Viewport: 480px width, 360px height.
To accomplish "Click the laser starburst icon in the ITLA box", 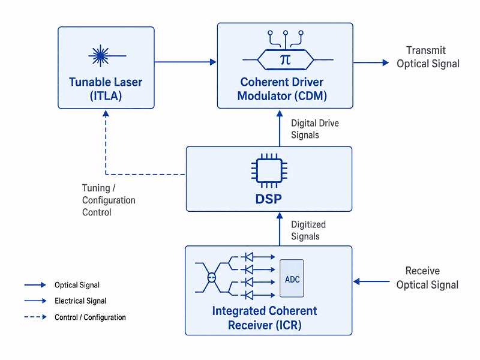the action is coord(100,56).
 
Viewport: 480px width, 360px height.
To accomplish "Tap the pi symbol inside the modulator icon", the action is coord(286,59).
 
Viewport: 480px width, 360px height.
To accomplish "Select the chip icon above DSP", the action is coord(269,170).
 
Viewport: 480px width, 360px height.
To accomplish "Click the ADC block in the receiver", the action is coord(292,278).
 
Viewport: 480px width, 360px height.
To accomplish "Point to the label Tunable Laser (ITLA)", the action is coord(106,89).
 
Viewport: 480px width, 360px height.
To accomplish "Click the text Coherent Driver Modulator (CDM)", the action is coord(282,89).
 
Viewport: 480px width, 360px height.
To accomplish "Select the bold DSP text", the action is coord(268,199).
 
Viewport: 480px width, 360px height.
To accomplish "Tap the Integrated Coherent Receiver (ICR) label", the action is coord(265,318).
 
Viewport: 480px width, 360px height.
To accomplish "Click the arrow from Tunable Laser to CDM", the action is coord(185,62).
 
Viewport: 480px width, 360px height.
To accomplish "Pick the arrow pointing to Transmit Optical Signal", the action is coord(371,63).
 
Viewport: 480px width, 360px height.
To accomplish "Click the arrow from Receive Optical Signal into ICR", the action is coord(371,281).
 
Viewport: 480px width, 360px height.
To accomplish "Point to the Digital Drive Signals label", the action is coord(315,129).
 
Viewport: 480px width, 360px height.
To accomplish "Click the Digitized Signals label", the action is coord(308,230).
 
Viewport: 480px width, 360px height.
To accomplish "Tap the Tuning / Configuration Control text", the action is coord(109,200).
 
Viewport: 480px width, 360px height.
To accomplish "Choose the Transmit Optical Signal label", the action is coord(428,57).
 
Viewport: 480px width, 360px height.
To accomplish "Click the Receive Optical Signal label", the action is coord(427,278).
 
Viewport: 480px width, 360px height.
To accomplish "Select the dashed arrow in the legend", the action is coord(35,317).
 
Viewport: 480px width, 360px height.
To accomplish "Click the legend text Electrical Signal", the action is coord(80,301).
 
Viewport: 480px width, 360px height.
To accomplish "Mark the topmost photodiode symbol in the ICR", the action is coord(248,257).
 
